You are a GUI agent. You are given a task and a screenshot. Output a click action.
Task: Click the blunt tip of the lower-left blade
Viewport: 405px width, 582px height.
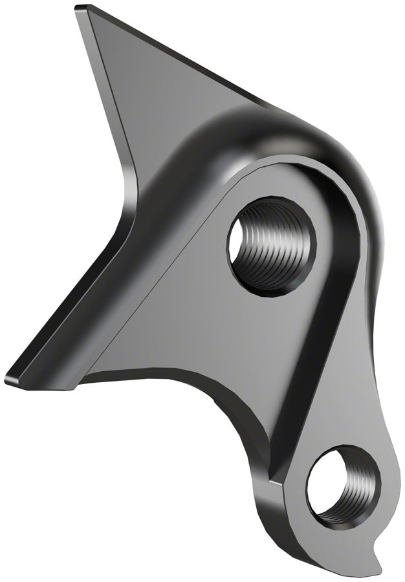pyautogui.click(x=8, y=378)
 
